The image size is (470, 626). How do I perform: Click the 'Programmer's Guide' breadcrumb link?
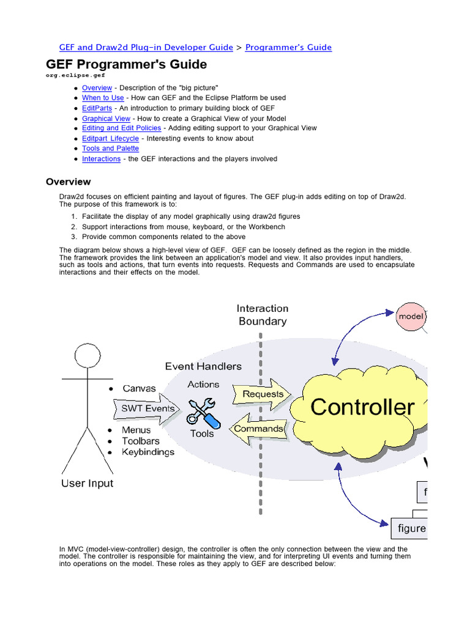click(288, 47)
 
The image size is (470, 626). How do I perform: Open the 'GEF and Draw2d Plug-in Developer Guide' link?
click(146, 47)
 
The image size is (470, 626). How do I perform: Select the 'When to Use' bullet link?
click(103, 98)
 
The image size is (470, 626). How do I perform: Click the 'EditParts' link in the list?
click(96, 108)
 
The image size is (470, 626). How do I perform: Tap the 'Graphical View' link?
click(106, 118)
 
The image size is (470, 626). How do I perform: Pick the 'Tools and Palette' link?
click(110, 149)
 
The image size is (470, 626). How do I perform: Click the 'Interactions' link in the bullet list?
click(101, 159)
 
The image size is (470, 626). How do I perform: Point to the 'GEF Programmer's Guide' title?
click(127, 64)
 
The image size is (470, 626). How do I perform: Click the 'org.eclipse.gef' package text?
click(75, 75)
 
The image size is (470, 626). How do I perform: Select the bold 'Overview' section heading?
click(69, 182)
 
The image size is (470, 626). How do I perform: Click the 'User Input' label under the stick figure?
click(87, 484)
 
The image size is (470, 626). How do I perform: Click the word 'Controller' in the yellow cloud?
click(362, 407)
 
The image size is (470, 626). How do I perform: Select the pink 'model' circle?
click(411, 317)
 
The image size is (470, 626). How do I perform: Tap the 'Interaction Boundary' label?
click(263, 315)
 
